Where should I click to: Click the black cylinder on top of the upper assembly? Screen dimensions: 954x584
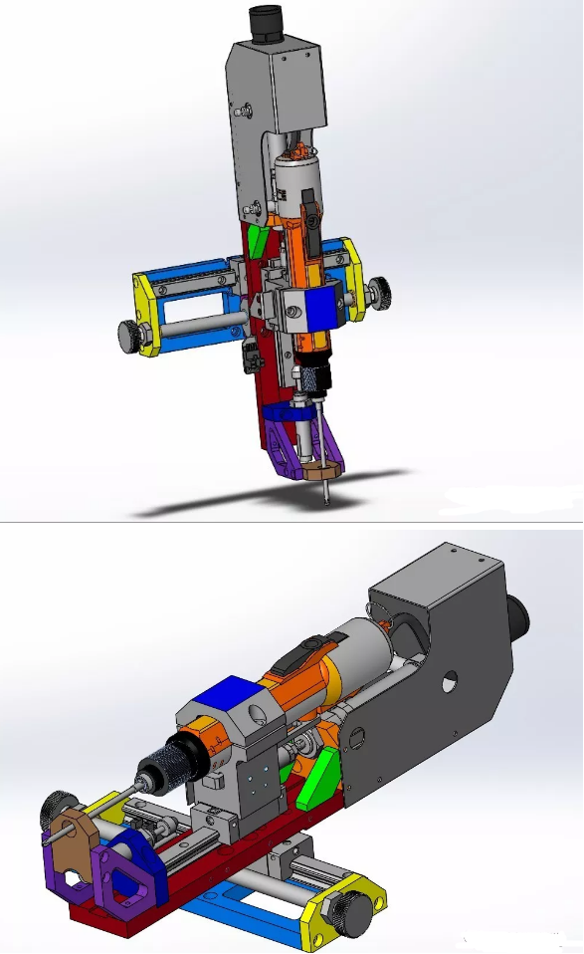coord(267,22)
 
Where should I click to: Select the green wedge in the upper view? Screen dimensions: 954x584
coord(259,238)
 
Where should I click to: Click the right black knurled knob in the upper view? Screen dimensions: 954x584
coord(379,291)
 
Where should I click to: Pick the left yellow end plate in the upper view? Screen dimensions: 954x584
coord(147,314)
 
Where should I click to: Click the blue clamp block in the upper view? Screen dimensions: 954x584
coord(322,309)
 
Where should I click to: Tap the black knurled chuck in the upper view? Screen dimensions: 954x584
coord(313,378)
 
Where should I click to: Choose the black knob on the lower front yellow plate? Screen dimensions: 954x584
coord(356,909)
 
